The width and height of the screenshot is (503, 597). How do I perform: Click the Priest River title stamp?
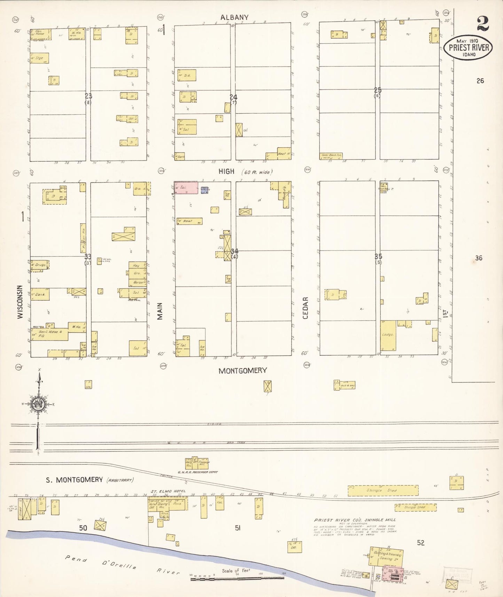(x=468, y=48)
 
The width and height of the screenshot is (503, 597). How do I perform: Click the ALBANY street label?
(x=234, y=17)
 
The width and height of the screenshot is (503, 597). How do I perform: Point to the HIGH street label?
(x=226, y=171)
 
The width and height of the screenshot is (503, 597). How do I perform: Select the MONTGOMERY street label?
(x=242, y=371)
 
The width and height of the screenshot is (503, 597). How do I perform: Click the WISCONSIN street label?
(x=20, y=302)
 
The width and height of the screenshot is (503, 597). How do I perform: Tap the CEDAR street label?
(x=305, y=308)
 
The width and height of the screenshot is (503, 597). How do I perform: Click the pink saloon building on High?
(x=186, y=187)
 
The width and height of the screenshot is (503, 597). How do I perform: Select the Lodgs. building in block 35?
(x=388, y=335)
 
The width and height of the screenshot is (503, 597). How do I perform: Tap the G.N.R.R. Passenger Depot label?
(x=198, y=472)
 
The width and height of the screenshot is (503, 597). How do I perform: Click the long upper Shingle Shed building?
(x=383, y=490)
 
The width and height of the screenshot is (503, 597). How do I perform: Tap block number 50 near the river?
(x=83, y=528)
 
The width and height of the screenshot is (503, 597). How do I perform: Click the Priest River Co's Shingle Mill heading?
(x=355, y=520)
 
